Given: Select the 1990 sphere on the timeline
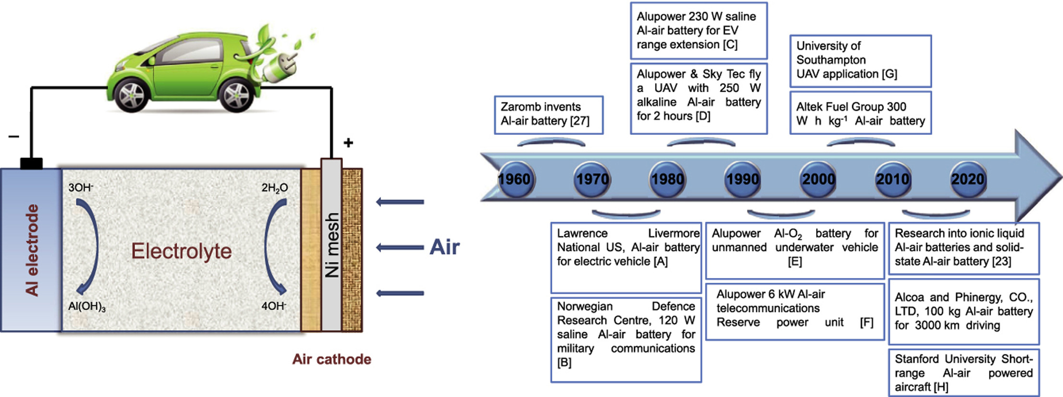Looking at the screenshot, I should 743,179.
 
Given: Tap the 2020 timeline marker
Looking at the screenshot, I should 968,179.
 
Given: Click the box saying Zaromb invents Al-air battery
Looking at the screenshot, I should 549,114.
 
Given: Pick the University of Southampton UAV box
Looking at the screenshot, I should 860,60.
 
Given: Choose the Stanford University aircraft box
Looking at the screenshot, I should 964,373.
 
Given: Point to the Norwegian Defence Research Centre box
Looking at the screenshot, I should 626,339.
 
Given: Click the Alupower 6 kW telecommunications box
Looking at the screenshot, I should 794,311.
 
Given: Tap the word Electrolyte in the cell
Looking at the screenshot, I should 182,251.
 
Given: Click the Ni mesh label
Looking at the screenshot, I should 332,245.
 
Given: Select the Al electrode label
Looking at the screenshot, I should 32,250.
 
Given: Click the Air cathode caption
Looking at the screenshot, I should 331,359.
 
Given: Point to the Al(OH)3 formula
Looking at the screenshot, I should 87,307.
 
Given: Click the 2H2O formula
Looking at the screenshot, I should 275,188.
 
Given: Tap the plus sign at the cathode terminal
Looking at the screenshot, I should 348,143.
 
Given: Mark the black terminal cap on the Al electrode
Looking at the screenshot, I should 31,164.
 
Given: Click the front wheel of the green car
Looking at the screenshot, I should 132,95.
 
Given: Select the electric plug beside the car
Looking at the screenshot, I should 279,67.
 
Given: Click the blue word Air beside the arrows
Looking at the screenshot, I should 444,247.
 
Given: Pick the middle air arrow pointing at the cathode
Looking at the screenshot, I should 400,247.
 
